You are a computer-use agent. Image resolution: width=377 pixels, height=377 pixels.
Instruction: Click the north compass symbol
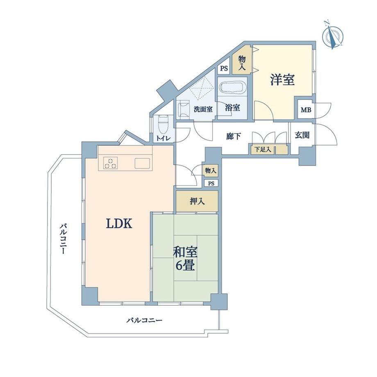coord(332,35)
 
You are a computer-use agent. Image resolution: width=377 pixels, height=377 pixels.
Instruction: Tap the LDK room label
coord(119,224)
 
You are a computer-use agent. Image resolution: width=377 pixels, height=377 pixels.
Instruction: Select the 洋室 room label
coord(282,79)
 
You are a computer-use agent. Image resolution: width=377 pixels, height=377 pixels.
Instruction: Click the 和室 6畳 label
coord(185,259)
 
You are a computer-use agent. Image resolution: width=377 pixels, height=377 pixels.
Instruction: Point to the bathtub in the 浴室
coord(233,88)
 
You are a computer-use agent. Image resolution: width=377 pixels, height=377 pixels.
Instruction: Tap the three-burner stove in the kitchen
coord(111,163)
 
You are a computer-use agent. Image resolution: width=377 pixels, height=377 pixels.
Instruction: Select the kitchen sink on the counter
coord(142,164)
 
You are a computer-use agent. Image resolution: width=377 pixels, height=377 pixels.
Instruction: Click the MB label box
coord(306,110)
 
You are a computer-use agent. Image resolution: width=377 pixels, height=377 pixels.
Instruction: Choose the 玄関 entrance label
coord(302,135)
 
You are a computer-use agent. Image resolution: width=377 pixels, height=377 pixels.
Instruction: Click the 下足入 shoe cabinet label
coord(263,150)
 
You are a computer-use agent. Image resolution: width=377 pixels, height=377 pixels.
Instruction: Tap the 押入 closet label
coord(197,202)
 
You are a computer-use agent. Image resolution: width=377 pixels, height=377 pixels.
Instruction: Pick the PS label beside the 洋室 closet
coord(224,68)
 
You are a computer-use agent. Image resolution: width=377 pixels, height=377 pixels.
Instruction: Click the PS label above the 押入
coord(211,184)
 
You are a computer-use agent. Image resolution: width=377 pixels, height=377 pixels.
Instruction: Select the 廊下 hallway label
coord(233,136)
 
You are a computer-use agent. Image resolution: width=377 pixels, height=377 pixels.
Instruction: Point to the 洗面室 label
coord(203,109)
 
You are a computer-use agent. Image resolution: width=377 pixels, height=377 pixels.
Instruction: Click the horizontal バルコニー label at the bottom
coord(145,320)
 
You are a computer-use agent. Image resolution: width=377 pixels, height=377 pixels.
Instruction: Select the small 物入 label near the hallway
coord(211,171)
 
